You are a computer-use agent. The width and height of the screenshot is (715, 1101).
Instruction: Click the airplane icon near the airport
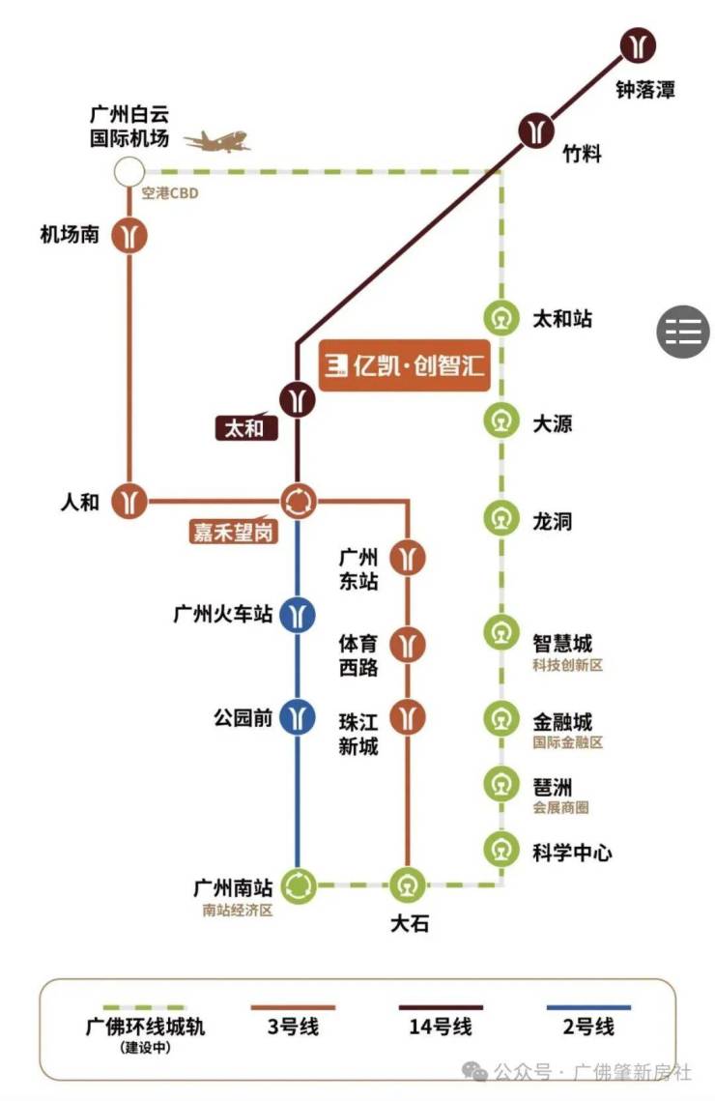click(217, 140)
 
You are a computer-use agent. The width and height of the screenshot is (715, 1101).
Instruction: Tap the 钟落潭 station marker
click(637, 45)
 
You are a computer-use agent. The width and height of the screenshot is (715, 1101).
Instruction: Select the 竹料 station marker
click(536, 130)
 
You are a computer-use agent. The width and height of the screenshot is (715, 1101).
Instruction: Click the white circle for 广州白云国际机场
click(129, 171)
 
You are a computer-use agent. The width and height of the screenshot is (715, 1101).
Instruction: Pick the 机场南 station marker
click(129, 235)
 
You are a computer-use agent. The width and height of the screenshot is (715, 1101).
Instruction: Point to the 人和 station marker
click(129, 502)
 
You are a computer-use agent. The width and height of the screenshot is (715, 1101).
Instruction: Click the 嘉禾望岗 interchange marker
click(299, 502)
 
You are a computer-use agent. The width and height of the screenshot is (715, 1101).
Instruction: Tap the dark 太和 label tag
click(246, 427)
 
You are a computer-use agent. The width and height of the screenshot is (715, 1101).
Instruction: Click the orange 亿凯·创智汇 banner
click(404, 365)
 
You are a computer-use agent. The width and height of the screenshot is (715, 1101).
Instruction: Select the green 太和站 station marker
click(501, 317)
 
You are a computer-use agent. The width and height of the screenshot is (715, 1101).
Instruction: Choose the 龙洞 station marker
click(501, 519)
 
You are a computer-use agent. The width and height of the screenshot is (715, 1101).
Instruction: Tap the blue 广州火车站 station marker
click(298, 615)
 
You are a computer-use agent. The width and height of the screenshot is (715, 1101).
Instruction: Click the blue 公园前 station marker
click(298, 717)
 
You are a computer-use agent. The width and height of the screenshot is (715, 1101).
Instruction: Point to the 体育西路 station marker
click(408, 644)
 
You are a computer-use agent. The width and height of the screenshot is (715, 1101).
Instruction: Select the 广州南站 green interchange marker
click(299, 885)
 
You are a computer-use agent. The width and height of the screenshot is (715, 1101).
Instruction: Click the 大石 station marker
click(408, 885)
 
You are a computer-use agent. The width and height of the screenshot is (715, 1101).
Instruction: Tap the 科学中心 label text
click(572, 853)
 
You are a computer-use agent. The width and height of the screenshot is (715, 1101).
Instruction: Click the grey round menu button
click(683, 332)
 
